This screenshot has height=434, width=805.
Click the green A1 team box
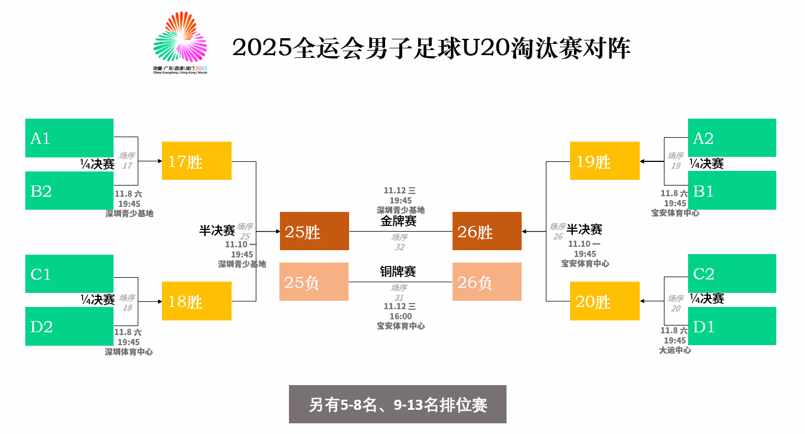69,138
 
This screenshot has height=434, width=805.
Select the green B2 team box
69,191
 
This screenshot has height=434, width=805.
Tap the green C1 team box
69,274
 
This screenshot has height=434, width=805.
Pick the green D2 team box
69,326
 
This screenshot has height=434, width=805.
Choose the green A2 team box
732,138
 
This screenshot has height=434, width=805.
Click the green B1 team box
732,191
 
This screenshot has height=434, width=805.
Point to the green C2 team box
732,273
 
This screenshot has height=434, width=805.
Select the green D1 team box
732,326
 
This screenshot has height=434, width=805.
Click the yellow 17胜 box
196,161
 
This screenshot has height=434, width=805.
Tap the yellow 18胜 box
196,301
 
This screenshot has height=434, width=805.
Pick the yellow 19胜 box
604,161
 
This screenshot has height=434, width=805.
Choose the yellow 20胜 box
604,301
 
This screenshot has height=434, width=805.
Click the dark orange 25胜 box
314,231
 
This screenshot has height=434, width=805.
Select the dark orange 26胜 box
487,231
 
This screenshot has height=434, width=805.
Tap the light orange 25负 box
314,282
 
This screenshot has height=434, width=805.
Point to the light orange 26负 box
487,282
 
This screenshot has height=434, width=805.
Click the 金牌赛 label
398,221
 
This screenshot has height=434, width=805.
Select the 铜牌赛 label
398,272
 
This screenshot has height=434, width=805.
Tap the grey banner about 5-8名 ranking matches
397,404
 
